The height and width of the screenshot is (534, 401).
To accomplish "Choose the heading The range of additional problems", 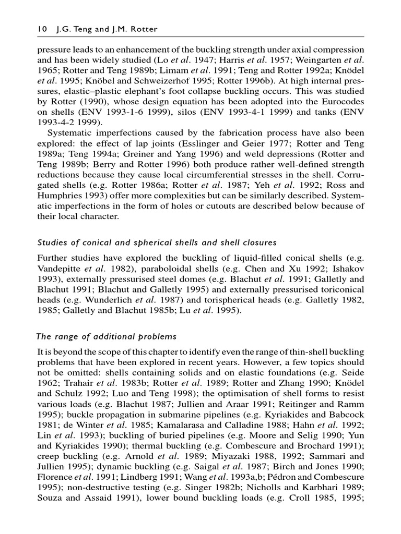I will point(107,336).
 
